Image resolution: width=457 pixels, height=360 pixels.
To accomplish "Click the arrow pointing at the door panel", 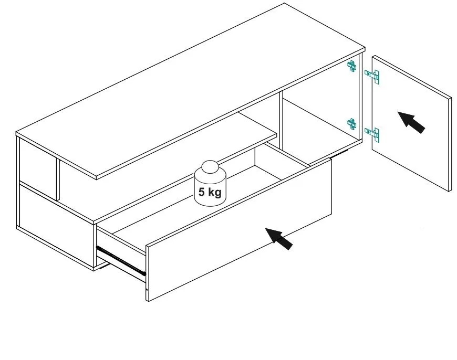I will (x=411, y=122).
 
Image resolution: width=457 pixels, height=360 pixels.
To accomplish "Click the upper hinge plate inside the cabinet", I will (x=352, y=67).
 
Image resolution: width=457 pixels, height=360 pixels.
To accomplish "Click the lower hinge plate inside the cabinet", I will (x=352, y=124).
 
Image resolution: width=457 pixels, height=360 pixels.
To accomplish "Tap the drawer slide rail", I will (x=121, y=261).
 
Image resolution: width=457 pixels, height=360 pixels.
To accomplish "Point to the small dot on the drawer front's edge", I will (x=147, y=290).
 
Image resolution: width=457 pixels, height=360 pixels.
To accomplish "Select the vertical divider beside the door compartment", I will (x=281, y=123).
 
